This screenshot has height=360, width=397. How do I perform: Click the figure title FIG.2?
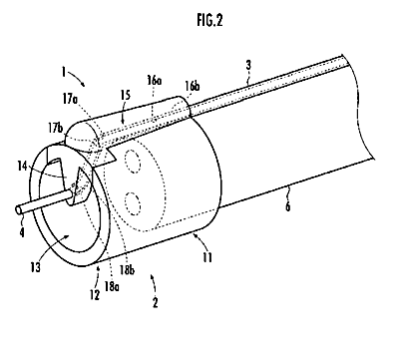(x=209, y=21)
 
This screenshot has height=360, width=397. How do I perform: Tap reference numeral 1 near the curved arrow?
(x=63, y=72)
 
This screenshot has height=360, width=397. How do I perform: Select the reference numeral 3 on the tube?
(x=248, y=66)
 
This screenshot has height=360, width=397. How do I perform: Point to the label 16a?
(x=155, y=81)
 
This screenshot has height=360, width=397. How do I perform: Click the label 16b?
(x=192, y=86)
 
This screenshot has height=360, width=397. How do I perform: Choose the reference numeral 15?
(x=125, y=96)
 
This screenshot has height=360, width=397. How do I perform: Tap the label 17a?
(x=69, y=100)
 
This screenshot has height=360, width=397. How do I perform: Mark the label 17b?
(x=55, y=129)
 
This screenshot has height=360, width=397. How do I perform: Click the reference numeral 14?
(x=22, y=167)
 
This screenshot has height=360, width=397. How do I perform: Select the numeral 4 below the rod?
(x=22, y=231)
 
